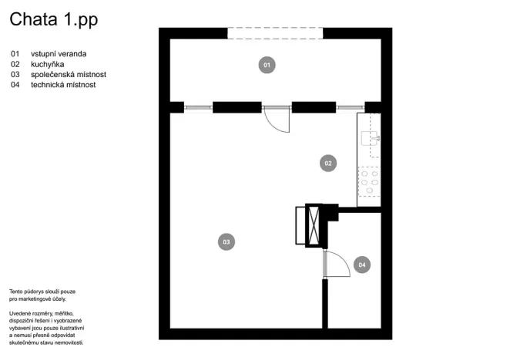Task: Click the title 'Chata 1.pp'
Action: pyautogui.click(x=53, y=21)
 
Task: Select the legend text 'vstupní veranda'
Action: pyautogui.click(x=59, y=54)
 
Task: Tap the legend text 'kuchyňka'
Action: pyautogui.click(x=48, y=64)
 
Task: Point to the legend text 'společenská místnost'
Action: pyautogui.click(x=68, y=75)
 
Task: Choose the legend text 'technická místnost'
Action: pyautogui.click(x=64, y=85)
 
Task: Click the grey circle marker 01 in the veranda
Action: pyautogui.click(x=267, y=66)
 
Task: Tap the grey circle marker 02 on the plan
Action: pyautogui.click(x=327, y=163)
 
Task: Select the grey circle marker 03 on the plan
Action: pyautogui.click(x=226, y=242)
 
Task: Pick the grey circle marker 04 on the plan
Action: pyautogui.click(x=362, y=265)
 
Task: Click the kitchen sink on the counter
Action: pyautogui.click(x=367, y=138)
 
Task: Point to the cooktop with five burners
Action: pyautogui.click(x=368, y=183)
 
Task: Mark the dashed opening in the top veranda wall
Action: pyautogui.click(x=275, y=33)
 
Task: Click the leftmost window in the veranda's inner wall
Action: pyautogui.click(x=198, y=107)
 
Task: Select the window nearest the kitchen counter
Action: pyautogui.click(x=350, y=107)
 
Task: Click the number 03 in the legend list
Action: pyautogui.click(x=15, y=75)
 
